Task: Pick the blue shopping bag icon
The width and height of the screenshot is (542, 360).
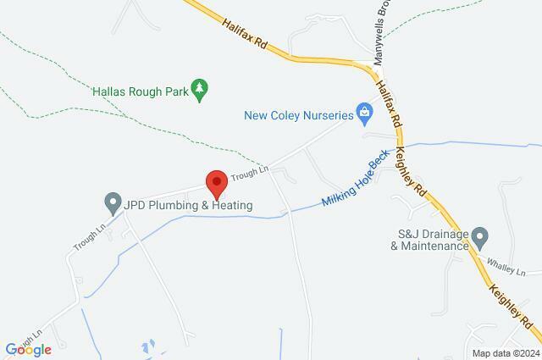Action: (363, 110)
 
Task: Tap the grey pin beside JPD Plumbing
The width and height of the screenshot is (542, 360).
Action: (111, 204)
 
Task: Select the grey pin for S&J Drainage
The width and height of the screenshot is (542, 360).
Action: (479, 235)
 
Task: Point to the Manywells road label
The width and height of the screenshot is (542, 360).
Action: (381, 34)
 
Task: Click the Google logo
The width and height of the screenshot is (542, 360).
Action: (28, 349)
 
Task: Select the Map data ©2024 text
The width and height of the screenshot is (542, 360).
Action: (506, 353)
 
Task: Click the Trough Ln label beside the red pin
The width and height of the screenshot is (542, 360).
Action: (249, 173)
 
